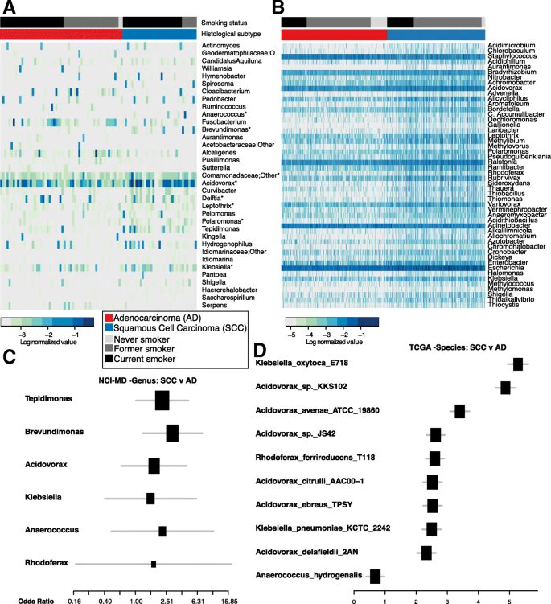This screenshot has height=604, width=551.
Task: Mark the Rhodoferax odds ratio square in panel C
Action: click(154, 564)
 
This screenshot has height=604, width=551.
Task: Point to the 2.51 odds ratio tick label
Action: click(167, 598)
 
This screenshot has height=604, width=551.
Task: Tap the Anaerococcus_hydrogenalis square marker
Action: click(375, 576)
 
